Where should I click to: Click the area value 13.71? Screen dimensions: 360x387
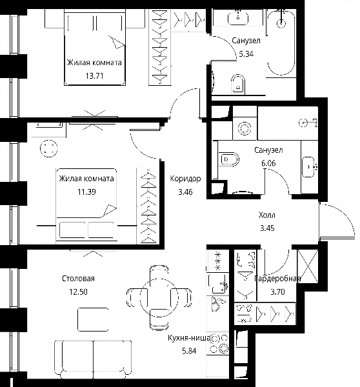[94, 75]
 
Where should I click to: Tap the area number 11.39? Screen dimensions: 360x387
[86, 192]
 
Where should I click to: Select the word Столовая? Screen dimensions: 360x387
[78, 279]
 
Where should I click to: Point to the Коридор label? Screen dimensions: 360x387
[185, 179]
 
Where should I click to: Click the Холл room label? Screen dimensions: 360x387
[267, 215]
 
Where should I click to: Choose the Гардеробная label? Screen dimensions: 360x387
[278, 279]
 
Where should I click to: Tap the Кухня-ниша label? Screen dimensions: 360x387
[189, 338]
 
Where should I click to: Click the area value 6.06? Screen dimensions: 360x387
[268, 163]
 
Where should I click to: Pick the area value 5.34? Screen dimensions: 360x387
[246, 54]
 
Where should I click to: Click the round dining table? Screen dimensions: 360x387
[159, 297]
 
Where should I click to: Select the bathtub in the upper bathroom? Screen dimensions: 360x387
[281, 42]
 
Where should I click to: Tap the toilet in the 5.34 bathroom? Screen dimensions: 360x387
[238, 84]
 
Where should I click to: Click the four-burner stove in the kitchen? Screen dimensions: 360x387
[219, 344]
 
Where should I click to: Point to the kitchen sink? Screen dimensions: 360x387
[217, 284]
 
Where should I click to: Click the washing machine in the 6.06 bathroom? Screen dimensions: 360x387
[245, 128]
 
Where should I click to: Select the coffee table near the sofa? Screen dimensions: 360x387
[93, 319]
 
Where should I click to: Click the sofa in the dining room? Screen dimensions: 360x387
[93, 359]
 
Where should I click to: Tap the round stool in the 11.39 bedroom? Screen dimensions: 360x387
[48, 148]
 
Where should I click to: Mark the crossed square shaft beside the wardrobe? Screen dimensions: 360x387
[308, 266]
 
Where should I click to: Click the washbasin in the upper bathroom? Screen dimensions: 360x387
[238, 18]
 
